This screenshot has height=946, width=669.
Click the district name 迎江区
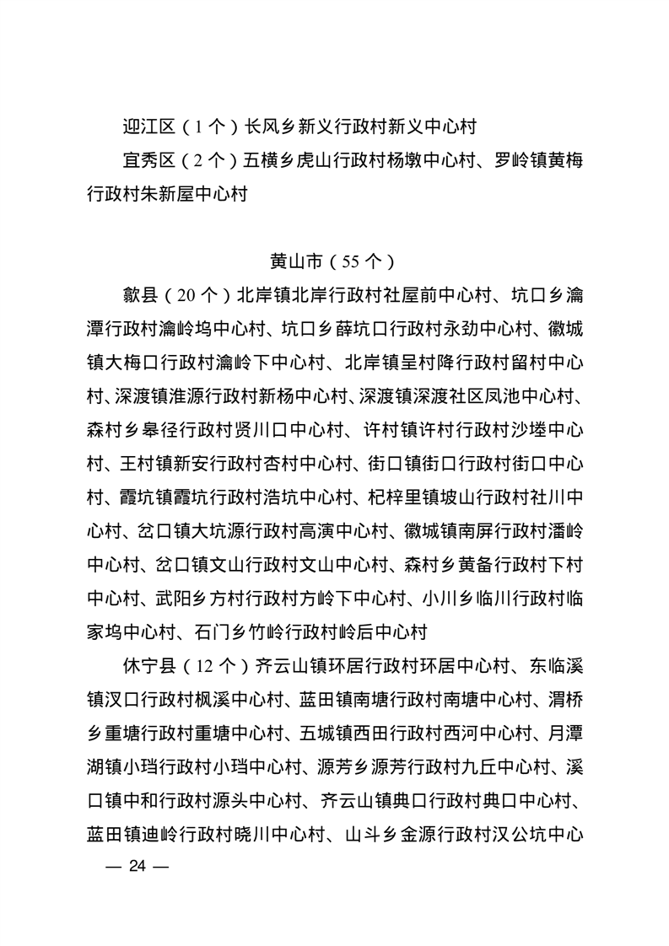click(x=148, y=127)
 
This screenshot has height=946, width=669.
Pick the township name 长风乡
click(x=270, y=127)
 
